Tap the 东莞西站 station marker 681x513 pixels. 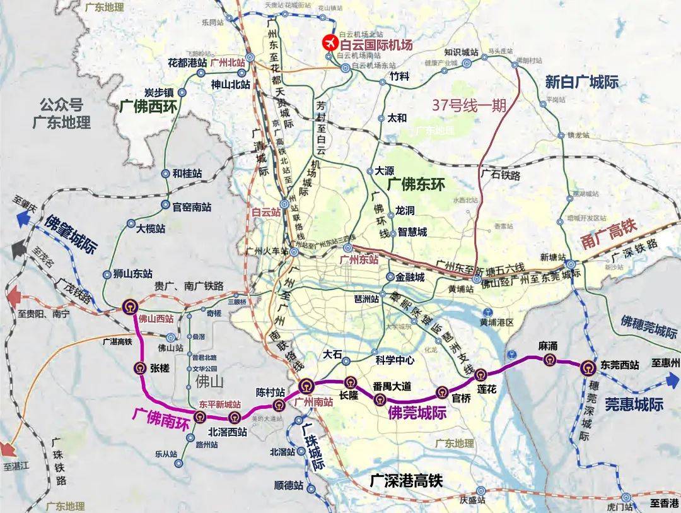click(588, 367)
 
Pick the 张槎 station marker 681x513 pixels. click(140, 369)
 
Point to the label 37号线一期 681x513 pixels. click(469, 105)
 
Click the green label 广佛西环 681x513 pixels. click(149, 104)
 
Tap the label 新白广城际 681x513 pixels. click(581, 81)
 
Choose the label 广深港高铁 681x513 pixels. click(407, 480)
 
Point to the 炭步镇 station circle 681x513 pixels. click(182, 92)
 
